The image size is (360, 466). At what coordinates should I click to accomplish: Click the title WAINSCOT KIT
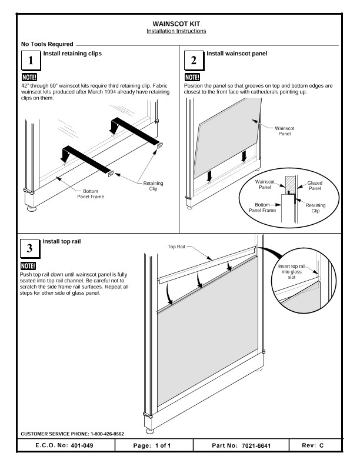(x=181, y=23)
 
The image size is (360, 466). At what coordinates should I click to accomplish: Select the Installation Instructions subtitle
(x=181, y=31)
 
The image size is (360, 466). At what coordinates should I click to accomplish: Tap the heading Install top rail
(x=61, y=242)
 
